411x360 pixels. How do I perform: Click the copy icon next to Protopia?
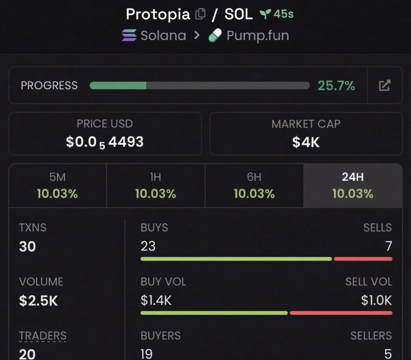coord(200,14)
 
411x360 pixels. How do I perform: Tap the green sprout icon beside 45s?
coord(265,14)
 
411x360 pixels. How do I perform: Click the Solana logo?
coord(129,36)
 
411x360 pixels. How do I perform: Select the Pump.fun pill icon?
coord(215,36)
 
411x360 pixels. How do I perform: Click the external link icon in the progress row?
coord(385,85)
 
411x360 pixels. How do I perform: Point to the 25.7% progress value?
coord(336,86)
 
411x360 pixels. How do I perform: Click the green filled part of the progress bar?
coord(118,86)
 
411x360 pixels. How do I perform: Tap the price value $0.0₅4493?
coord(105,142)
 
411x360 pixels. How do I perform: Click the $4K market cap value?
coord(306,142)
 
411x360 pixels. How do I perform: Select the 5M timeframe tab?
coord(58,186)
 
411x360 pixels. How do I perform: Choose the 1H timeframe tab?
coord(156,186)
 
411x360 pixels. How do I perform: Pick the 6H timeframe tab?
coord(254,186)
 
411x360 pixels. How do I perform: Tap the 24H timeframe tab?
coord(353,186)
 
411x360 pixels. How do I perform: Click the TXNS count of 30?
coord(27,246)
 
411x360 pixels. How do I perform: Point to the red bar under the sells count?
coord(363,259)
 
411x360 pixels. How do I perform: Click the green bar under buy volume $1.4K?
coord(214,313)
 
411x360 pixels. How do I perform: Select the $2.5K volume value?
coord(38,300)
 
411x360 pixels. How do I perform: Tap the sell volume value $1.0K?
coord(376,300)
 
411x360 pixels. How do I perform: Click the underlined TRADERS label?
coord(43,336)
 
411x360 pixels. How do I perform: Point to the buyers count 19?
coord(146,354)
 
